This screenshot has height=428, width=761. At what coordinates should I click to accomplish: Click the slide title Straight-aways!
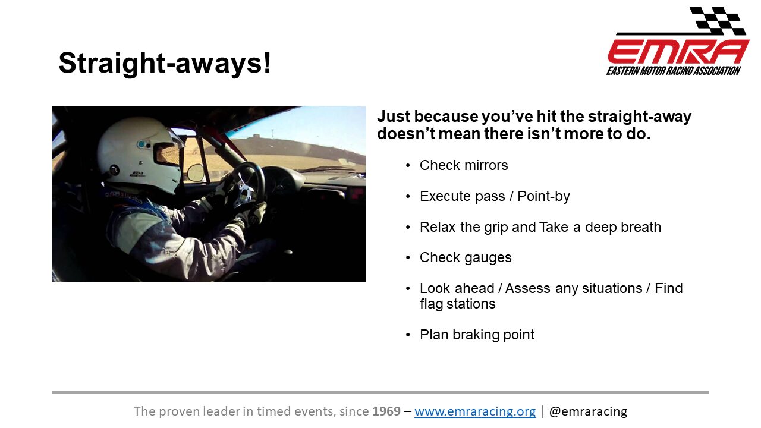tap(165, 63)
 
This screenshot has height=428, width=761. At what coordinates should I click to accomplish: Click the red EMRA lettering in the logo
tap(678, 52)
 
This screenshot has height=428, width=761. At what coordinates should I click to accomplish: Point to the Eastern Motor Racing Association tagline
tap(674, 71)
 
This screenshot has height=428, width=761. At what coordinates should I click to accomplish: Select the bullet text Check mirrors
tap(464, 165)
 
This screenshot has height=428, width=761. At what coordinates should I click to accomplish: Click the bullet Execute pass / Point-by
tap(495, 196)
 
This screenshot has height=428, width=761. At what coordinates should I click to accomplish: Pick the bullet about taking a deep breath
tap(540, 227)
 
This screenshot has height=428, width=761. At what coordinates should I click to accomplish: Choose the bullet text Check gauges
tap(466, 258)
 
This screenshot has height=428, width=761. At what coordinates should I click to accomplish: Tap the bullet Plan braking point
tap(477, 335)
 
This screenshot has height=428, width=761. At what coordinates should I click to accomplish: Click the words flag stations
tap(458, 304)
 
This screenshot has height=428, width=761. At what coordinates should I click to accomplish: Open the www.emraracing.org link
tap(475, 411)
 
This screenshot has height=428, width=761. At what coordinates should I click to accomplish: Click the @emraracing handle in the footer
tap(588, 411)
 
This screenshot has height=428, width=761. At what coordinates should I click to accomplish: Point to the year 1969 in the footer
tap(386, 411)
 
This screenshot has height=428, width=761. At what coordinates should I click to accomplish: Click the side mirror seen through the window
tap(196, 172)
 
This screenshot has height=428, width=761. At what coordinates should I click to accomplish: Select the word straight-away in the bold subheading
tap(640, 117)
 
